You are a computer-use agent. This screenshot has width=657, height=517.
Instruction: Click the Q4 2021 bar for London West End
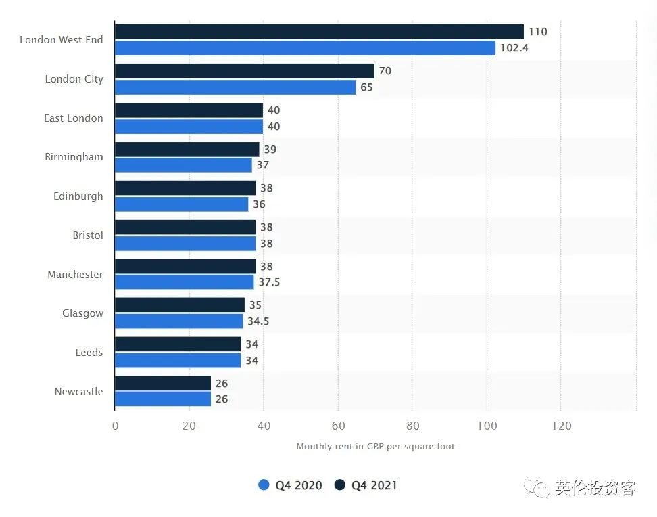coord(319,32)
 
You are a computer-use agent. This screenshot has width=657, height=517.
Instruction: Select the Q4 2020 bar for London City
coord(235,87)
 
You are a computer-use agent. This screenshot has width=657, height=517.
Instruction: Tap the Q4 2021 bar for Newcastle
coord(163,383)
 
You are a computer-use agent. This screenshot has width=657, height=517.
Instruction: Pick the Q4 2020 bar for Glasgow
coord(179,321)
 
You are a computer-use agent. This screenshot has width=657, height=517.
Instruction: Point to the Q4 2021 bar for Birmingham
coord(187,150)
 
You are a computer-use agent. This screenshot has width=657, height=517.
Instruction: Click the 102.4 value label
coord(514,48)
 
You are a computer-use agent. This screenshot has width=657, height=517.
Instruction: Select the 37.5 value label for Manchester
coord(269,282)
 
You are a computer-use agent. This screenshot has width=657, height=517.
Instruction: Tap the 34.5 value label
coord(258,321)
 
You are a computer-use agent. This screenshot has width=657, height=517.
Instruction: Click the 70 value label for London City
coord(385,71)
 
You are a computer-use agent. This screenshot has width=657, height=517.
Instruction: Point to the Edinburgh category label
coord(78,196)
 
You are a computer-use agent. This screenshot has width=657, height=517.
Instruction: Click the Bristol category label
coord(88,235)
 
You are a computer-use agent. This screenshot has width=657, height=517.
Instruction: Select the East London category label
coord(73,118)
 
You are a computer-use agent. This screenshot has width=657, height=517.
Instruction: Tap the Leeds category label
coord(89,352)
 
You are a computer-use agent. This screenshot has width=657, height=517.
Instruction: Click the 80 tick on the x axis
coord(413,426)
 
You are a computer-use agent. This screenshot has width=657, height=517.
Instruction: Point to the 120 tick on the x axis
coord(562,426)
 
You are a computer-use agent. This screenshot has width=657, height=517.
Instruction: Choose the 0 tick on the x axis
coord(115,426)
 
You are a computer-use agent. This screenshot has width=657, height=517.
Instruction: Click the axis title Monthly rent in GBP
coord(340,446)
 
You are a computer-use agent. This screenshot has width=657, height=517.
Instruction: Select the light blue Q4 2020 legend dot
coord(264,485)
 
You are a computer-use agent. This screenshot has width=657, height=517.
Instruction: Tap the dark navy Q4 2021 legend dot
coord(340,485)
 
